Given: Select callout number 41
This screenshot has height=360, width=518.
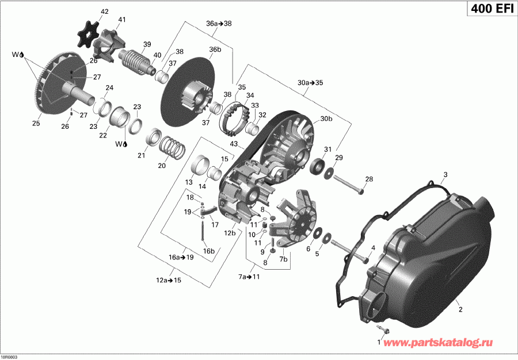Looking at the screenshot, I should (x=121, y=20).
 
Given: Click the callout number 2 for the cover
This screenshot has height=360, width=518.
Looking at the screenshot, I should (x=460, y=310).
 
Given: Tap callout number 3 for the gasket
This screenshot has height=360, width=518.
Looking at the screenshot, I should (x=445, y=174).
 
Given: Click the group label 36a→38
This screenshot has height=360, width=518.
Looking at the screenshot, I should (x=219, y=24).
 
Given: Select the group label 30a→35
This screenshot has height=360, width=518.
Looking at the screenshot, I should (x=310, y=83).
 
